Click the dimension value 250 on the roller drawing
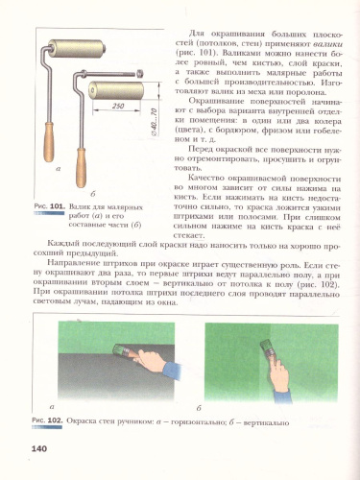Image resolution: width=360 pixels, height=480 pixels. point(118,105)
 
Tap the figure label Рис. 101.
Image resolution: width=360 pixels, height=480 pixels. point(48,231)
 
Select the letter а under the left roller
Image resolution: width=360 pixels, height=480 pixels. point(60,195)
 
